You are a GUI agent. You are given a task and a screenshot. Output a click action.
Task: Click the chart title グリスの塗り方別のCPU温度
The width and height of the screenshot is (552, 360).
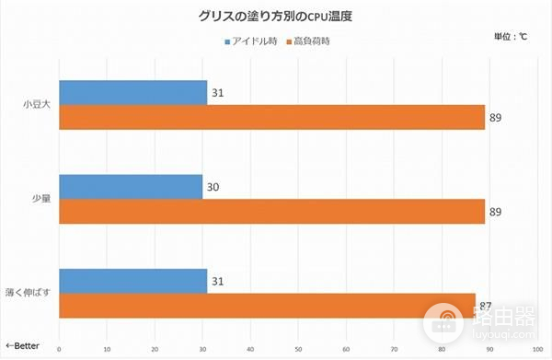(x=275, y=16)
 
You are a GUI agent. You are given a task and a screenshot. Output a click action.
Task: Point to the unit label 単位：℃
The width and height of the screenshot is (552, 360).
(x=508, y=37)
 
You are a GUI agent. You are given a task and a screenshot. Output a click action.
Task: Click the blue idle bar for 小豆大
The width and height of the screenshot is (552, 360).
(x=132, y=92)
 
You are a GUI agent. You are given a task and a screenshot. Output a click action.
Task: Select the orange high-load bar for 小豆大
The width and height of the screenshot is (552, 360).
(x=271, y=117)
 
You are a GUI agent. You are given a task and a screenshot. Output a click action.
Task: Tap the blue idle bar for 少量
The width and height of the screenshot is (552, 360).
(x=131, y=187)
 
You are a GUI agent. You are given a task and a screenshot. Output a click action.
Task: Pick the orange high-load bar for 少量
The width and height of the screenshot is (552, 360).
(x=271, y=211)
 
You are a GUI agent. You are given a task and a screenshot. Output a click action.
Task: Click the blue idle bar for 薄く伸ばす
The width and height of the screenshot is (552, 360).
(x=132, y=281)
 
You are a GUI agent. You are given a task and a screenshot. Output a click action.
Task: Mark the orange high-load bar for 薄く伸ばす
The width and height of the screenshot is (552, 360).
(x=267, y=306)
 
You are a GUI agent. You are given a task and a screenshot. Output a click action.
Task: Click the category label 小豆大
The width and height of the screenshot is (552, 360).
(x=37, y=104)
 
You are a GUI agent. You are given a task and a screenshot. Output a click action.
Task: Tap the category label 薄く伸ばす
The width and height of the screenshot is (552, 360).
(x=31, y=294)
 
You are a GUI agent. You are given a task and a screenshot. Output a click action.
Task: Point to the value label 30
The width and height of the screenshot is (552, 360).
(x=213, y=187)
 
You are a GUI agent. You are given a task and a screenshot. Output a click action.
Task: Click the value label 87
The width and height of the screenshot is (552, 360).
(x=488, y=305)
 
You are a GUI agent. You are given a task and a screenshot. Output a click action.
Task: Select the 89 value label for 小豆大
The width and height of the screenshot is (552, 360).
(x=496, y=118)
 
